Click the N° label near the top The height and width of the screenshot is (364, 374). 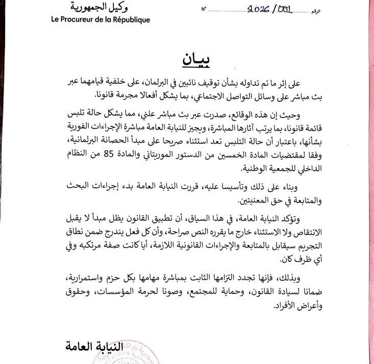(205, 9)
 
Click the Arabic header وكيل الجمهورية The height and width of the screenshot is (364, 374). (99, 8)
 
